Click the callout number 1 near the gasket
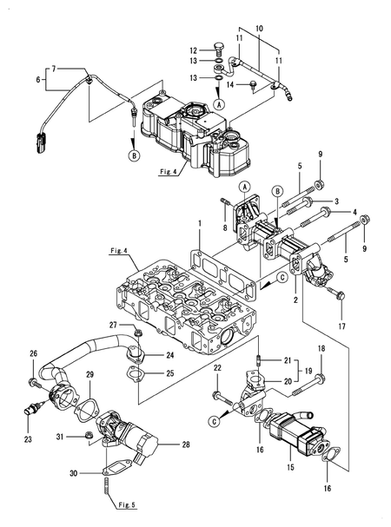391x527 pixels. (198, 224)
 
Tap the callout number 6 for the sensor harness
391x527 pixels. (37, 79)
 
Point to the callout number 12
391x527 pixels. (194, 49)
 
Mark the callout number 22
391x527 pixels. (218, 369)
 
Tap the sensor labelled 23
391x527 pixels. (32, 407)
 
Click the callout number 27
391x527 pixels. (113, 324)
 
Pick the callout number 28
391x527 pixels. (184, 445)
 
